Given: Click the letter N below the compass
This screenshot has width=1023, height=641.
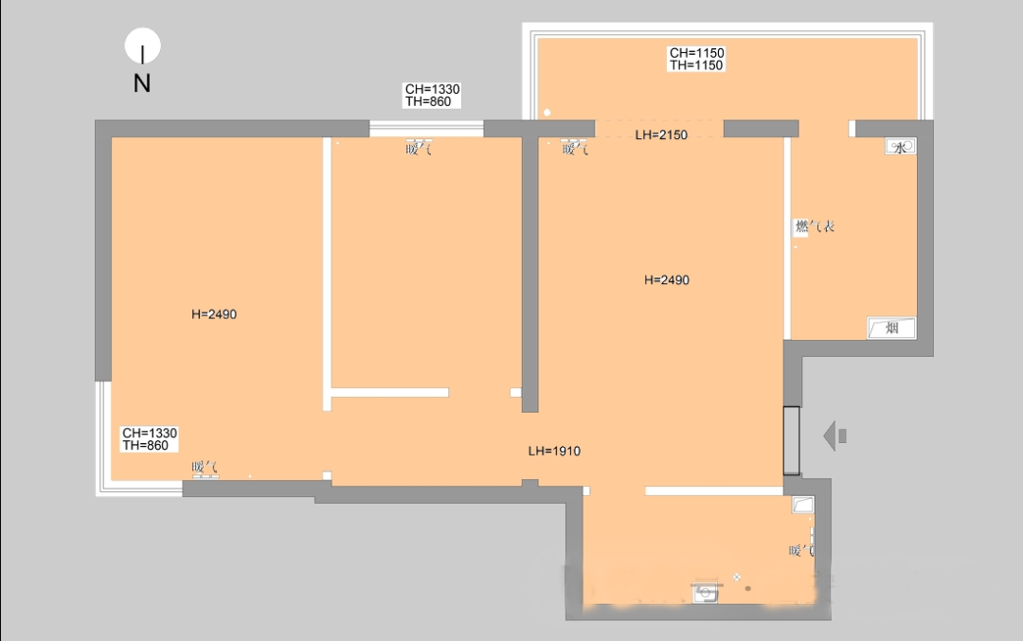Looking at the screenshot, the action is [x=142, y=83].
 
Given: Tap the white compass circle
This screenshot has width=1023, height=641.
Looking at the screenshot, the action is [x=142, y=45].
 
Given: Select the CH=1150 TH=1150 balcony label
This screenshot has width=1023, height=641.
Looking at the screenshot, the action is [x=696, y=59].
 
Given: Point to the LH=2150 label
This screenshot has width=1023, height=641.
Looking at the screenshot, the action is [x=661, y=135].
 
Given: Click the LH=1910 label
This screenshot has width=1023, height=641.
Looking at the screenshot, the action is [x=554, y=452].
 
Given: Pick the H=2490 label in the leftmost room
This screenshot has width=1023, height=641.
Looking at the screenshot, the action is [x=213, y=314].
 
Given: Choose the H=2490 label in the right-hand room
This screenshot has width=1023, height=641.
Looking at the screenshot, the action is [x=666, y=279].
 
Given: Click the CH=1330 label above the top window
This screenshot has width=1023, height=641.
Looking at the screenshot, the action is [x=432, y=96].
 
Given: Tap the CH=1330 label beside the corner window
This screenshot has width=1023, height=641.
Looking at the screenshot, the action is [x=150, y=439].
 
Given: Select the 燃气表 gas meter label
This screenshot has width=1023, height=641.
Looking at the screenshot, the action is [x=815, y=226].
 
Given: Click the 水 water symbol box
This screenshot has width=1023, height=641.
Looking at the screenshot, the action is [x=901, y=147].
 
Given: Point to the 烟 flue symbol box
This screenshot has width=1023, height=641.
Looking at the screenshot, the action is [x=891, y=328].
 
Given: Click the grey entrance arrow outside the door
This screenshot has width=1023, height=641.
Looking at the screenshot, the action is [x=835, y=436].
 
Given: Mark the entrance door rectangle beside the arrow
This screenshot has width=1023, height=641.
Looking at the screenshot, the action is [x=791, y=441].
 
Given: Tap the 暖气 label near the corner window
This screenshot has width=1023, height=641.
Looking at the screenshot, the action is [x=205, y=467].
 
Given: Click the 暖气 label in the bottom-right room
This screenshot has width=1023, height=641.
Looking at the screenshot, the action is [x=801, y=551].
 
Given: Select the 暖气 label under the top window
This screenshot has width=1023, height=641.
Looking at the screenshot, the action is [x=419, y=149].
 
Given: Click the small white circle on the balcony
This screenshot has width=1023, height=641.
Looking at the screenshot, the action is [x=547, y=113].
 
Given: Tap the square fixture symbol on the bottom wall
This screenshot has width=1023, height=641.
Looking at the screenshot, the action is [x=705, y=593].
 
